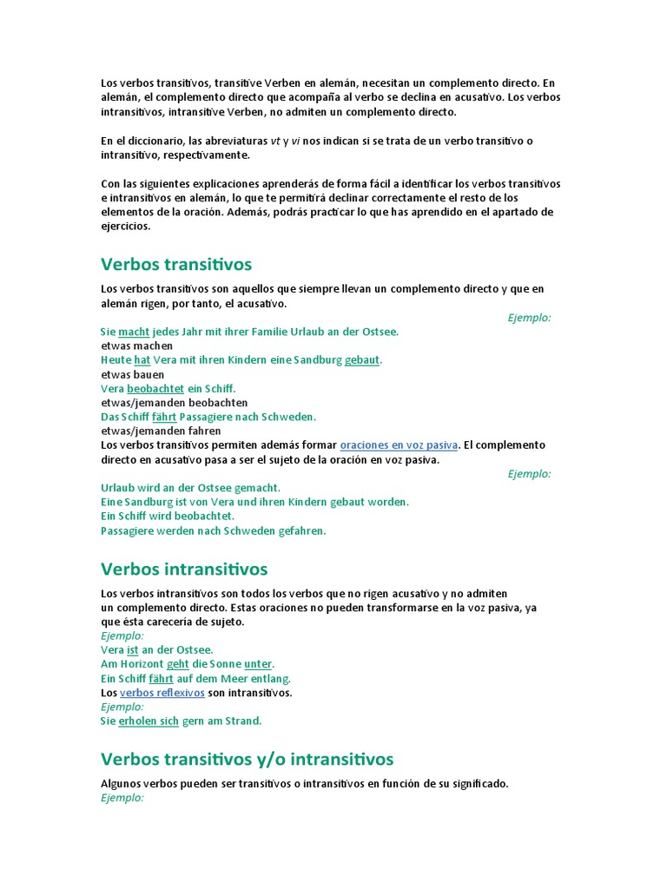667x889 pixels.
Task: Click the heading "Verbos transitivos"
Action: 176,264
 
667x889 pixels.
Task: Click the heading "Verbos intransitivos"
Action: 184,570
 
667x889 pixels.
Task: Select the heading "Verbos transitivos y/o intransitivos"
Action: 247,760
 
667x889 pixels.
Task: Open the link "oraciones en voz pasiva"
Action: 399,445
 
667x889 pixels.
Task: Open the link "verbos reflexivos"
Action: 162,693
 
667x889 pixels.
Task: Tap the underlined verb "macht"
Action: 134,332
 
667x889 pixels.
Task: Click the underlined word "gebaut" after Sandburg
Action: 362,359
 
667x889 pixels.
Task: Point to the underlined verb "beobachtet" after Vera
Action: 155,388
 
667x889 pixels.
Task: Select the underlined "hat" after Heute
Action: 142,359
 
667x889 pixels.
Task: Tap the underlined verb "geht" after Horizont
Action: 178,664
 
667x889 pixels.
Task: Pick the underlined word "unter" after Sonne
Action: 258,664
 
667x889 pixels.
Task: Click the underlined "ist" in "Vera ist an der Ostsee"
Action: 133,649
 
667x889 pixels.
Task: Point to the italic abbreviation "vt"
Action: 276,142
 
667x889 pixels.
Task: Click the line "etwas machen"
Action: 137,346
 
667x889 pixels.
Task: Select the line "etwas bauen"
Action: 133,374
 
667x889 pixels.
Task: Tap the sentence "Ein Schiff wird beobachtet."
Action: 168,516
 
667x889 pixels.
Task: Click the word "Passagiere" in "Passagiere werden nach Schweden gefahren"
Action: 127,530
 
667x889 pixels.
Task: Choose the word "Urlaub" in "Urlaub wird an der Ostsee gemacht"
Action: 118,488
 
